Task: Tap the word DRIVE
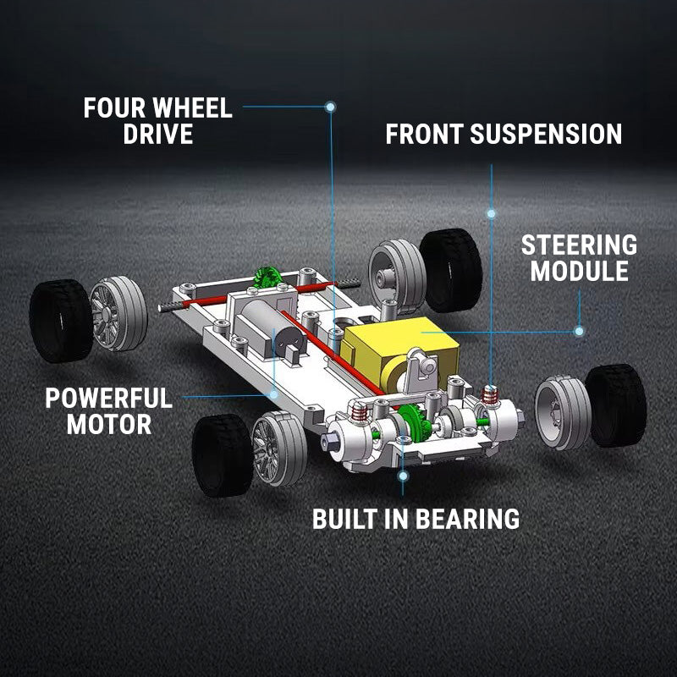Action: tap(158, 135)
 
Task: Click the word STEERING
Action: tap(579, 245)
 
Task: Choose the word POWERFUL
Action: tap(108, 398)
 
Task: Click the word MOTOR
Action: tap(109, 424)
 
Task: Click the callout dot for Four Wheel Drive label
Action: tap(330, 107)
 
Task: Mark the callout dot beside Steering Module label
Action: tap(579, 331)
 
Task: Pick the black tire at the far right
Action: tap(617, 405)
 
